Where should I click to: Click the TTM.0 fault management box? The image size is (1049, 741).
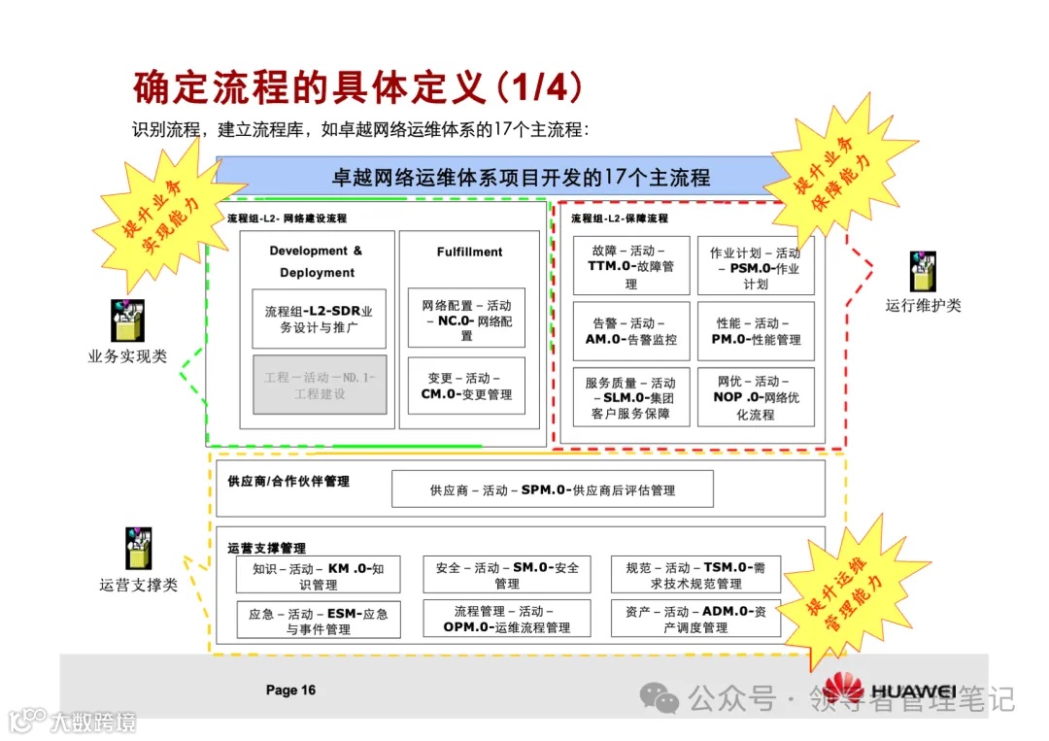631,265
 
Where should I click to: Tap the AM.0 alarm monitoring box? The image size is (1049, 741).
631,331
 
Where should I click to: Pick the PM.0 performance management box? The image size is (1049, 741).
755,331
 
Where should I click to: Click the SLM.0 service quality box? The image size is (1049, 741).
631,397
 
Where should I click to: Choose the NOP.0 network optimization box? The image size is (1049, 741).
755,397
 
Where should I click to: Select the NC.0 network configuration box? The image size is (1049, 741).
466,318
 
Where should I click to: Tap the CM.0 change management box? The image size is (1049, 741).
466,386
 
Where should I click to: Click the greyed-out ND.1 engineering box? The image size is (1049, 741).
320,385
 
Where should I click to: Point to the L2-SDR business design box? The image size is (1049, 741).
320,319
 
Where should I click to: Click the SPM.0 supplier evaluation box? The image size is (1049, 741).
552,489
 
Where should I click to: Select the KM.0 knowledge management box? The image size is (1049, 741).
319,576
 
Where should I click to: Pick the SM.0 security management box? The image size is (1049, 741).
506,575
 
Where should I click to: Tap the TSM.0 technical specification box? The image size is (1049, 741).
695,575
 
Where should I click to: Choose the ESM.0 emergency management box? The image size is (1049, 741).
319,621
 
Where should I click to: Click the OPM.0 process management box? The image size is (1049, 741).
506,619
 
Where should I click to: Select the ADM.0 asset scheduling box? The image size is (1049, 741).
695,619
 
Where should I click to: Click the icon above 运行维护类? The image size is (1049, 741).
922,272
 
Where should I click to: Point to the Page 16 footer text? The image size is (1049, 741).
290,690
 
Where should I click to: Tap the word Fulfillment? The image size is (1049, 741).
469,252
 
